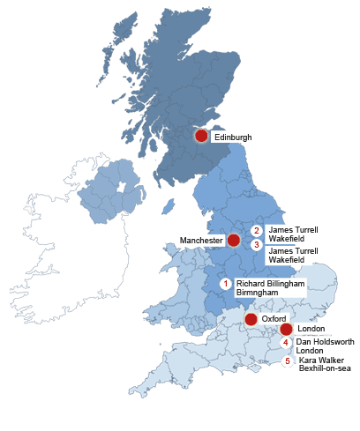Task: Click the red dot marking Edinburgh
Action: (201, 136)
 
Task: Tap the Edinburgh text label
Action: (233, 137)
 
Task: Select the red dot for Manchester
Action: (234, 240)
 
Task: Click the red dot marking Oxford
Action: (251, 319)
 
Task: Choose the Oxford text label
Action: (274, 319)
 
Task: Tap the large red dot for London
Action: (286, 330)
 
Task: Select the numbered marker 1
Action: (226, 284)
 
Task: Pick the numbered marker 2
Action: (257, 231)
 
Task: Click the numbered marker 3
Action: (257, 244)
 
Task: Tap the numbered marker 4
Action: (286, 343)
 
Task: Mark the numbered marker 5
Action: (287, 361)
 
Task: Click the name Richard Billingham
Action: (270, 285)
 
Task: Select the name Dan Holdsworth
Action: (324, 342)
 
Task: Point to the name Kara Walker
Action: (321, 360)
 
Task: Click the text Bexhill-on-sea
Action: (325, 368)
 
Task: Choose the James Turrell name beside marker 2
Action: (292, 229)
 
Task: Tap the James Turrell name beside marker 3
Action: (292, 251)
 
